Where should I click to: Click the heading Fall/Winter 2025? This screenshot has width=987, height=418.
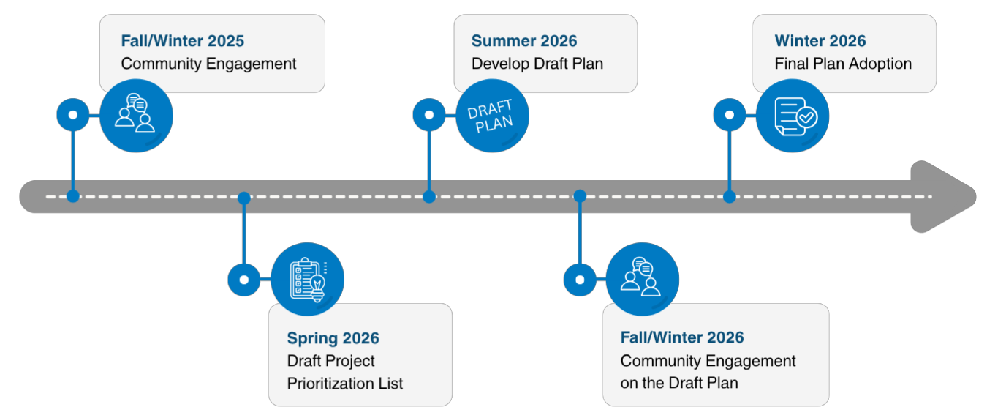(x=182, y=41)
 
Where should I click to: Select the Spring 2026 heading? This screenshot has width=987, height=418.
(x=333, y=337)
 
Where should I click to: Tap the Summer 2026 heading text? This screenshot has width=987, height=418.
(x=523, y=41)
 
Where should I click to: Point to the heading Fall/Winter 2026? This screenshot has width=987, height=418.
(x=681, y=337)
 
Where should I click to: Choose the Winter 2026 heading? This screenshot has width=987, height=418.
(x=820, y=41)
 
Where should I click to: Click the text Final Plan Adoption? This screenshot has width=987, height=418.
(x=843, y=64)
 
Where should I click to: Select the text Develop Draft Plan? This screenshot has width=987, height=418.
(x=537, y=64)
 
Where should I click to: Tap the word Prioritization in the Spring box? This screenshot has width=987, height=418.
(x=345, y=383)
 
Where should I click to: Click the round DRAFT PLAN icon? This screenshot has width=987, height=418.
(x=491, y=116)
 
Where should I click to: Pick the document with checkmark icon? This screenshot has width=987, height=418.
(x=793, y=116)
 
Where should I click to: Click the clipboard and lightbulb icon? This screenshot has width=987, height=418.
(x=307, y=280)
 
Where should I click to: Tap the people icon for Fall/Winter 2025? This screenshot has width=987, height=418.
(x=136, y=115)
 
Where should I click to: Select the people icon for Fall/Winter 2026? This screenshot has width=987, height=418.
(x=642, y=280)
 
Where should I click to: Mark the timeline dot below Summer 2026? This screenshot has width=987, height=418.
(x=429, y=196)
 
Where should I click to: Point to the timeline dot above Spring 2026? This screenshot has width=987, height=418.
(x=244, y=198)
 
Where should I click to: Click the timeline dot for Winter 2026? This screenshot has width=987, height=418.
(x=729, y=196)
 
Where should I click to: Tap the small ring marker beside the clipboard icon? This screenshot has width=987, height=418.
(x=243, y=280)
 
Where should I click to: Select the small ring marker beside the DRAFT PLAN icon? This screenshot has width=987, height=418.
(x=429, y=115)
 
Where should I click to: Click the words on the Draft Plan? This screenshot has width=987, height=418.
(x=678, y=383)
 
